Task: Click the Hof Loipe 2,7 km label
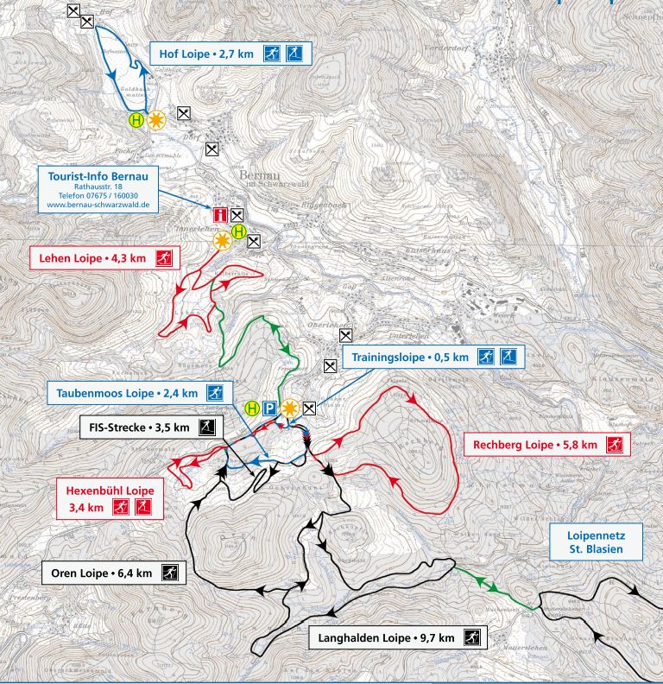(205, 54)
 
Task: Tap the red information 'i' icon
(220, 214)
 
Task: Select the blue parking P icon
(270, 408)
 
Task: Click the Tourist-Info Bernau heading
(98, 175)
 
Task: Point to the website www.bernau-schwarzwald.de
(98, 206)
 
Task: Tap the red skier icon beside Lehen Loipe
(163, 257)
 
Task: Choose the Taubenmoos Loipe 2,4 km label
(127, 393)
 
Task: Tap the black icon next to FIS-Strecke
(206, 427)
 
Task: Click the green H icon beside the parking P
(252, 408)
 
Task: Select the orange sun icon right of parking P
(288, 408)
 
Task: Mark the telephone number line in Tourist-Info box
(98, 196)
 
